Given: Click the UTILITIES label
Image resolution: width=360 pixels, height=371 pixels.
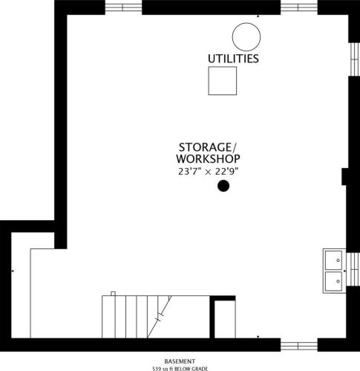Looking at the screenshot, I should point(233,57).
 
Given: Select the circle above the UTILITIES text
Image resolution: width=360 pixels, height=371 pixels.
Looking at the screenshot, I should point(245,35).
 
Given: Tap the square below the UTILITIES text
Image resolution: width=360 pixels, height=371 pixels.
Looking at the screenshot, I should point(222,80).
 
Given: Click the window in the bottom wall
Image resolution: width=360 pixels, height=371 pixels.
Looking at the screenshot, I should point(298,344).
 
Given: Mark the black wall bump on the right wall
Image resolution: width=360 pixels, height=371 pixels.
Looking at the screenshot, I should point(345,178).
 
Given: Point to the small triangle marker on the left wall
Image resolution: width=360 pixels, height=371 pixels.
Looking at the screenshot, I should point(13,272).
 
